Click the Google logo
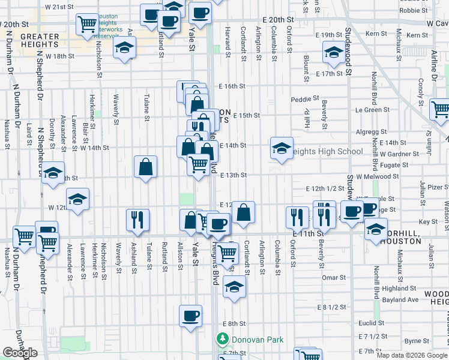20,353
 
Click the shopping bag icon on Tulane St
146,167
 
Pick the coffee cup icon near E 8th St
191,316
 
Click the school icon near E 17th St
333,52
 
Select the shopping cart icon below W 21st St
88,24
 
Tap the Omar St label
331,277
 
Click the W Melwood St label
378,176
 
